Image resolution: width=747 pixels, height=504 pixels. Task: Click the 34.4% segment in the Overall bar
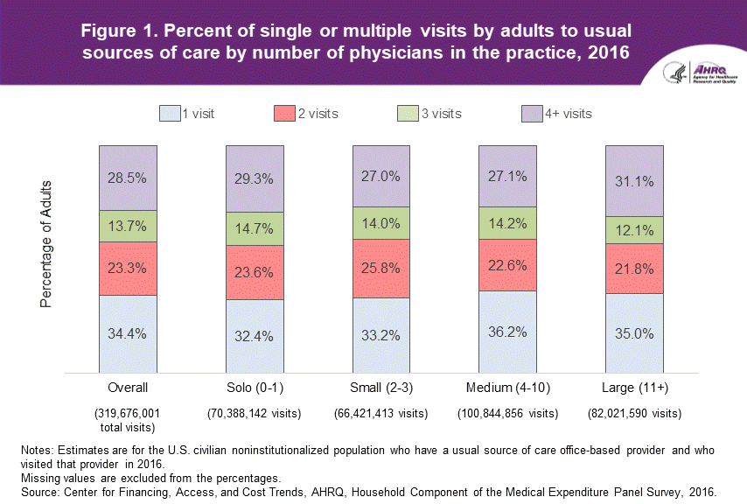(x=128, y=334)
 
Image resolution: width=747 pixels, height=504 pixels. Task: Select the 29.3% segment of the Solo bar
(x=255, y=178)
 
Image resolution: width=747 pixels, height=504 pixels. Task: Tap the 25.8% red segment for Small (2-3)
(x=381, y=268)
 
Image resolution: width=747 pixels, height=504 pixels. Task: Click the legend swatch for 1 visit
(x=169, y=114)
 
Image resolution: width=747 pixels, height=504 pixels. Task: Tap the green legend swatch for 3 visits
(x=408, y=114)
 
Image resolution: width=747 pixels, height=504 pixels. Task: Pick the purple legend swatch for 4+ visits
(x=532, y=114)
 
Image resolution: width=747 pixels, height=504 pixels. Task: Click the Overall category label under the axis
(x=128, y=388)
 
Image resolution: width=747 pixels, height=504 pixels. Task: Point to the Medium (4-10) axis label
(x=507, y=388)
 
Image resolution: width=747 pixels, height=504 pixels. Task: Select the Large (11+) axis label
(x=634, y=388)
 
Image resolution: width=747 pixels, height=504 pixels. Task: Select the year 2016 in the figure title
(x=605, y=52)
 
